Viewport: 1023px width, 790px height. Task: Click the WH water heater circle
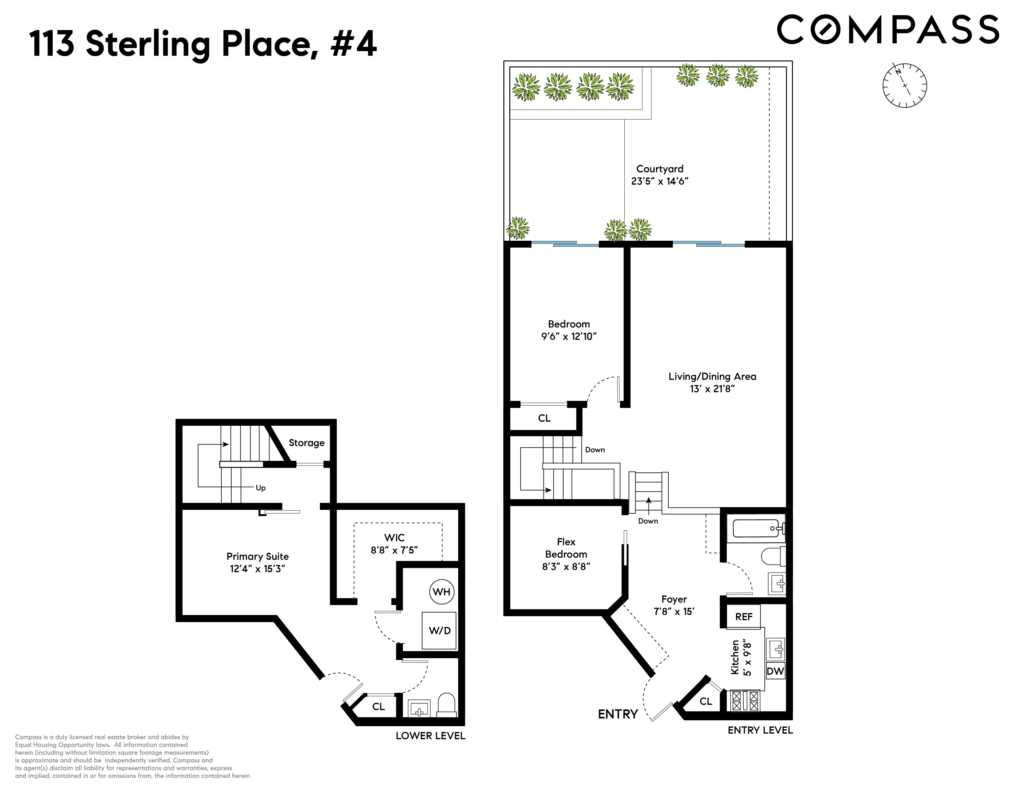[x=441, y=591]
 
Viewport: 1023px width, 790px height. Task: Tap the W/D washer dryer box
[x=439, y=630]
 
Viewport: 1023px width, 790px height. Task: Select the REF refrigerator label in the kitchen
[x=743, y=617]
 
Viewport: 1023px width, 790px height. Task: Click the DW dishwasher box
[x=775, y=671]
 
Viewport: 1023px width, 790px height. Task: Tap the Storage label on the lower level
[x=306, y=443]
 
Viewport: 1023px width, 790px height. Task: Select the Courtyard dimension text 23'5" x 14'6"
[x=659, y=181]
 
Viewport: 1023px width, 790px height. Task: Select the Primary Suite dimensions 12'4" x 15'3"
[x=257, y=568]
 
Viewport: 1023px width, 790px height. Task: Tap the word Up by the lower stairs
[x=260, y=488]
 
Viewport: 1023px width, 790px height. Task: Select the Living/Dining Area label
[x=712, y=376]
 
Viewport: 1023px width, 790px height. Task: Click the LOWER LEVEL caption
[x=430, y=735]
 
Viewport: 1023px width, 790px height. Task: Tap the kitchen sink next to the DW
[x=776, y=649]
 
